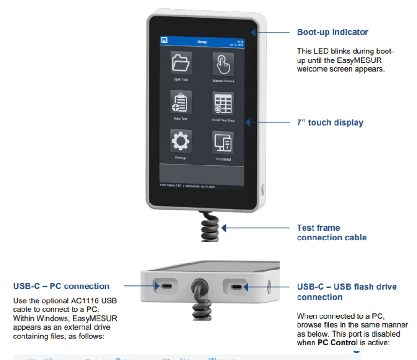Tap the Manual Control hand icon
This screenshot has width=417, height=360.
click(223, 64)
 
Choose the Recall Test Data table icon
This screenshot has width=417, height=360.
click(223, 104)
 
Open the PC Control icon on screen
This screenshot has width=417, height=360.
click(223, 142)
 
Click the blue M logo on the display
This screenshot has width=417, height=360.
click(164, 41)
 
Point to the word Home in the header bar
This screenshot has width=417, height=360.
click(202, 42)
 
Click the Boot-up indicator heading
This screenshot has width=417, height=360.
click(332, 32)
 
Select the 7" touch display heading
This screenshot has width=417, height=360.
click(330, 123)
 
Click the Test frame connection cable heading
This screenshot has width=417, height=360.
click(331, 232)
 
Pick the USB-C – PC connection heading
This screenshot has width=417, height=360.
click(61, 286)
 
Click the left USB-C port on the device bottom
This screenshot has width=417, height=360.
click(165, 286)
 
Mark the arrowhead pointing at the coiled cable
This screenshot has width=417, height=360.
click(224, 228)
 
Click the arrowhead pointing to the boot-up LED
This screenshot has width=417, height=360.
click(253, 32)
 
